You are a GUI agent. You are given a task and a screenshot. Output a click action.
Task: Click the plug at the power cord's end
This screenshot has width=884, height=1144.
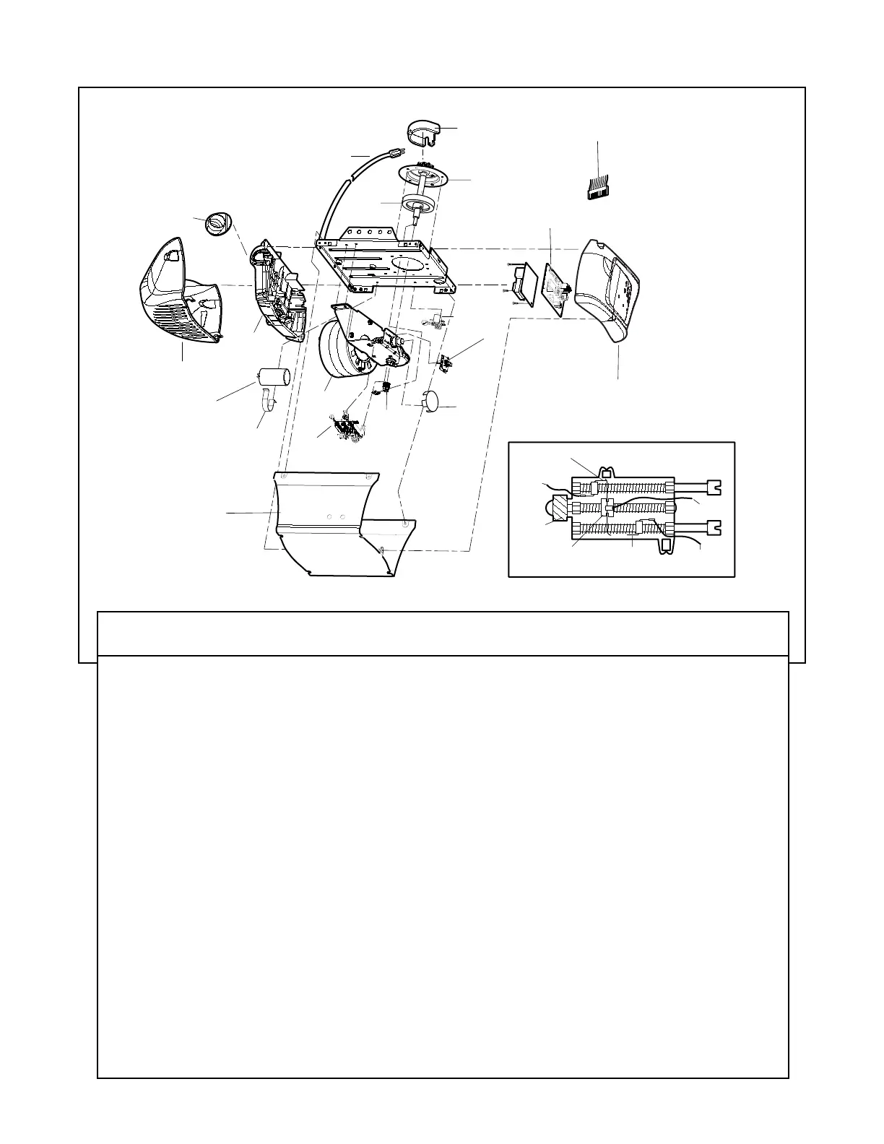(396, 153)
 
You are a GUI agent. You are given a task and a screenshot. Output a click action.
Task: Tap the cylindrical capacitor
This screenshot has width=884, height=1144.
(274, 377)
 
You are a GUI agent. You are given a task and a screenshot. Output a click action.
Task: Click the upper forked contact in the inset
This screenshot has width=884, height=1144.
(715, 487)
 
